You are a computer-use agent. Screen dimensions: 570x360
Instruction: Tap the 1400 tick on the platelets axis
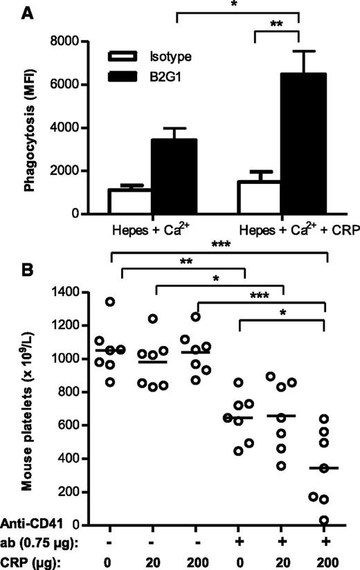pyautogui.click(x=80, y=292)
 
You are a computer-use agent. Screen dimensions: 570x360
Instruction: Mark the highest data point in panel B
pyautogui.click(x=111, y=301)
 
